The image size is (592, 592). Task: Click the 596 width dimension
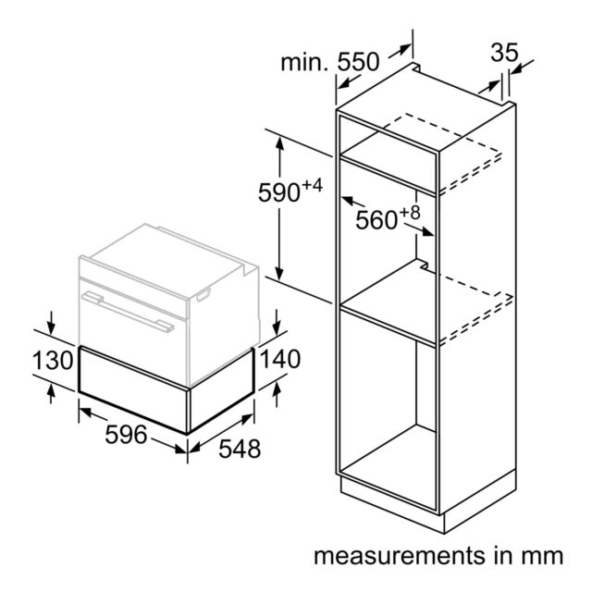[126, 435]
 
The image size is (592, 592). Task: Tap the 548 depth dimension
[240, 449]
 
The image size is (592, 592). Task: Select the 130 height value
[53, 360]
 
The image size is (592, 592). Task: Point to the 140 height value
[280, 359]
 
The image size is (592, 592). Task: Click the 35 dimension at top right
[504, 53]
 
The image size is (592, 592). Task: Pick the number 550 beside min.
[358, 62]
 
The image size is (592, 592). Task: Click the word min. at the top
[304, 63]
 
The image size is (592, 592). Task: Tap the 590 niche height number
[279, 192]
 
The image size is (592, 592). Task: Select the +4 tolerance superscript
[313, 185]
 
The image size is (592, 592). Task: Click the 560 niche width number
[376, 220]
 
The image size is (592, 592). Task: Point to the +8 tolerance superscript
[410, 213]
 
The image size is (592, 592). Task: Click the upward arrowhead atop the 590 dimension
[279, 144]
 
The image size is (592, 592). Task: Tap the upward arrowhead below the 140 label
[277, 388]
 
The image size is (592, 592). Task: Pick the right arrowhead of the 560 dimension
[427, 231]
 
